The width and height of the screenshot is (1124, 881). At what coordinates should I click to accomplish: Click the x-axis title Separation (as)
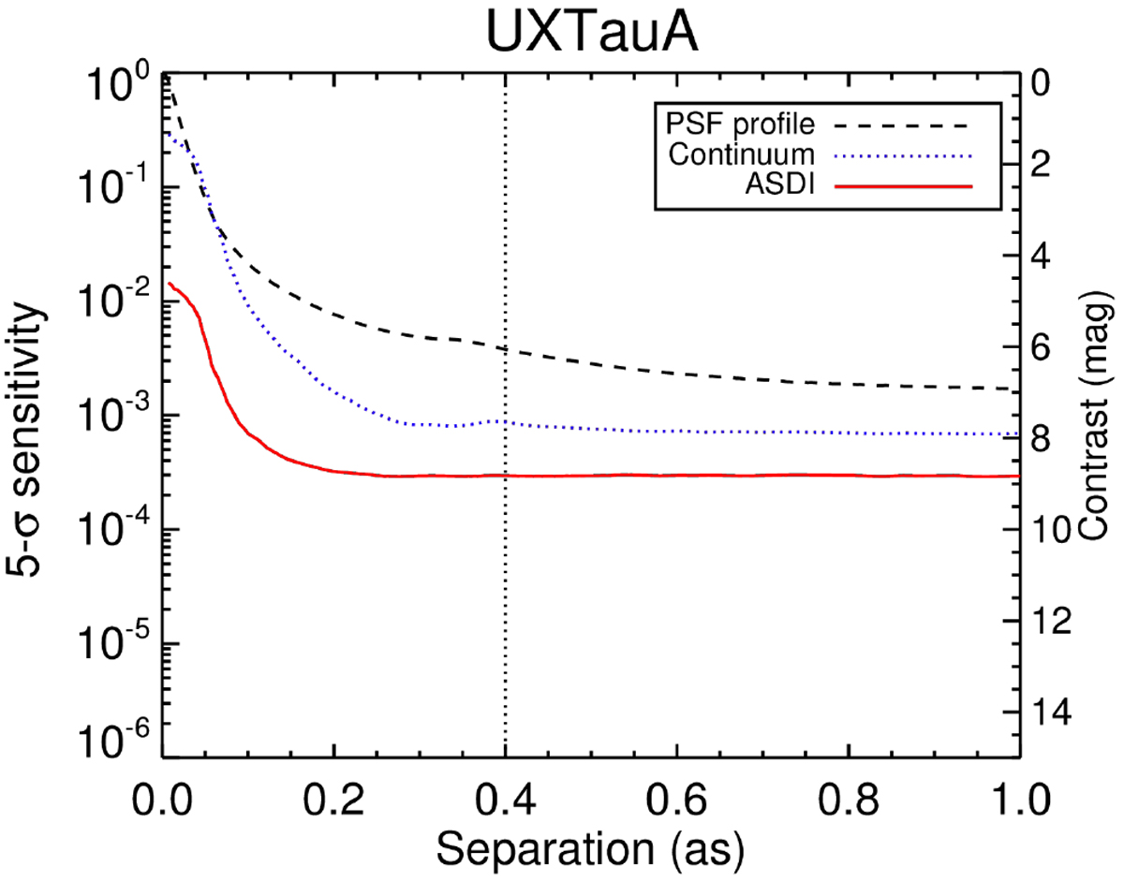point(591,850)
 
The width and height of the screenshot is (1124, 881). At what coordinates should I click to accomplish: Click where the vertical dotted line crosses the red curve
point(506,476)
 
